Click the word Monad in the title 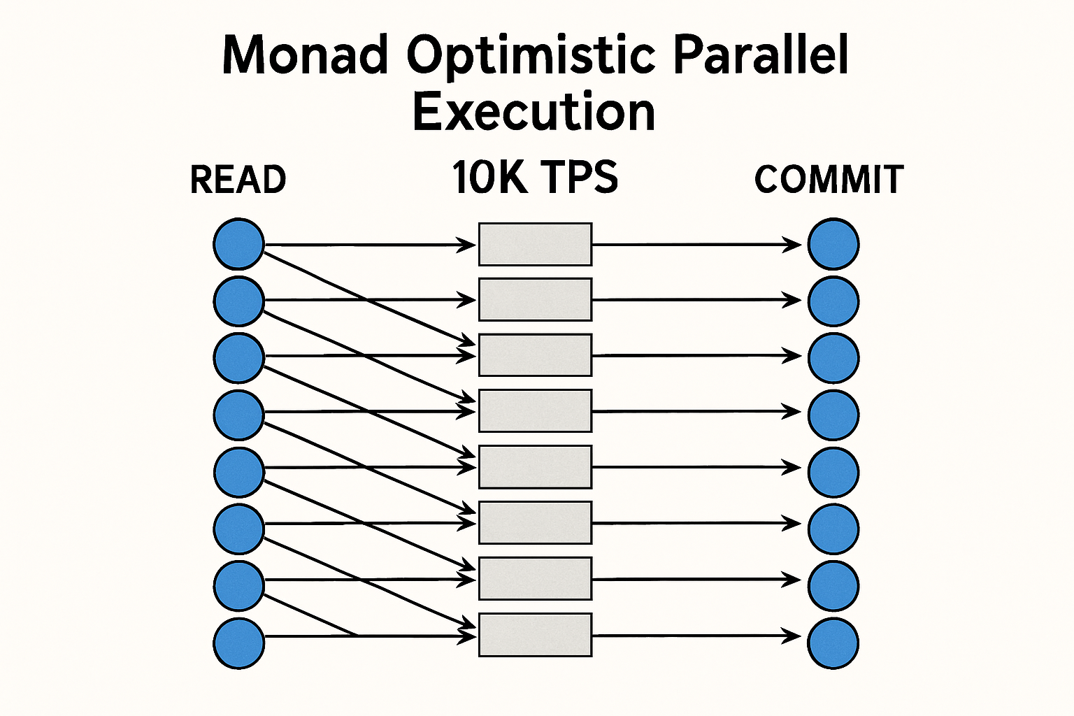click(305, 55)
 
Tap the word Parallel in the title click(761, 55)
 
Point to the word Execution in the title click(534, 112)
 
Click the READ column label click(238, 180)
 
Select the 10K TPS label click(535, 178)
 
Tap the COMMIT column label click(829, 180)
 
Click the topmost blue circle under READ click(238, 244)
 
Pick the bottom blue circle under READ click(238, 643)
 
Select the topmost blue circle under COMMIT click(833, 244)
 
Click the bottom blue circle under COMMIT click(833, 643)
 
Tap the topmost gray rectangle click(535, 244)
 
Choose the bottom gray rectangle click(535, 635)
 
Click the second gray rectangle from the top click(535, 299)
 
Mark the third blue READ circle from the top click(238, 358)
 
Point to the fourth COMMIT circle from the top click(833, 415)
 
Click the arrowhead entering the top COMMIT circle click(794, 244)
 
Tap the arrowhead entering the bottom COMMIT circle click(794, 636)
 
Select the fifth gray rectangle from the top click(535, 467)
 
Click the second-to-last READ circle click(238, 585)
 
